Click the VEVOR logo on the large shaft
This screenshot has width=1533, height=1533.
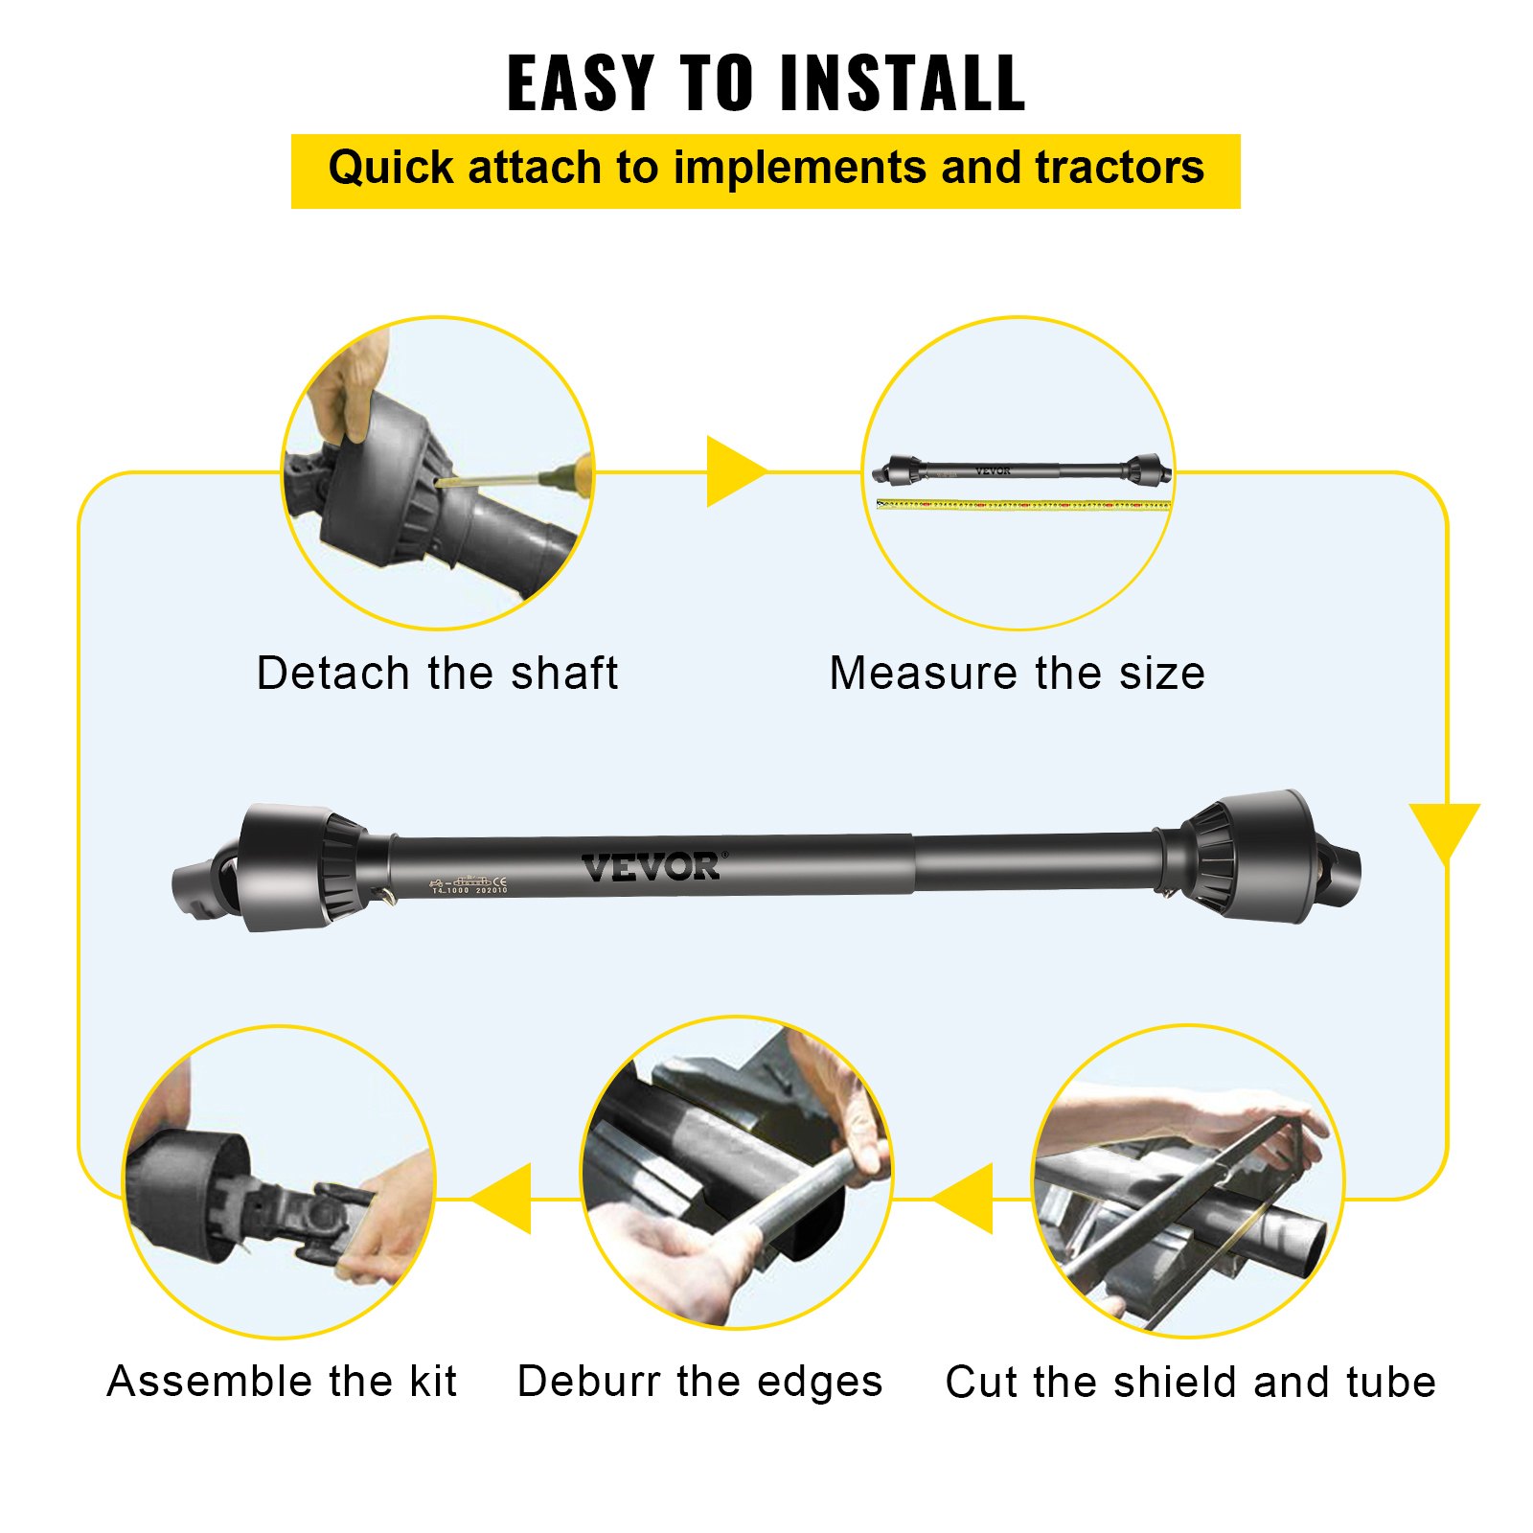click(652, 866)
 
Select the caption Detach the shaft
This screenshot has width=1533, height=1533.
click(437, 673)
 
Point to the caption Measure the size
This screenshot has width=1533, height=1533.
click(1017, 673)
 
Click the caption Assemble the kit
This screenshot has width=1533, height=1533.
click(282, 1381)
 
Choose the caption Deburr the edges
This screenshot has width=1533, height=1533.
click(699, 1381)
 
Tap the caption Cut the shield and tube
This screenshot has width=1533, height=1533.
click(1190, 1382)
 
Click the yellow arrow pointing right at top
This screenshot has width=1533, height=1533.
click(733, 471)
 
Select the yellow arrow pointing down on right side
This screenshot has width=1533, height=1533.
click(1445, 829)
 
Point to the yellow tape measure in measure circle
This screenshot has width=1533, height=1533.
click(1023, 504)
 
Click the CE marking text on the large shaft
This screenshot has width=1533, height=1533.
click(499, 881)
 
